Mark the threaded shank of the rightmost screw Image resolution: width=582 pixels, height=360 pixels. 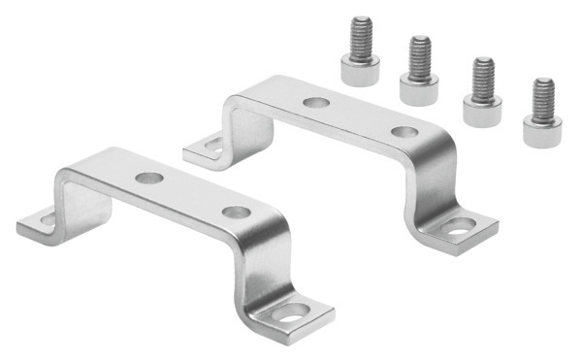(x=541, y=97)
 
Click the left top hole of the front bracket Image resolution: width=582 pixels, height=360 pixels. (x=148, y=179)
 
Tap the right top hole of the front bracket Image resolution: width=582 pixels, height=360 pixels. (x=235, y=212)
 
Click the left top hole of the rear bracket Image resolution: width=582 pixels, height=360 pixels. (x=313, y=100)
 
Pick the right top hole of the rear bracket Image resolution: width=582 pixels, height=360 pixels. (x=404, y=131)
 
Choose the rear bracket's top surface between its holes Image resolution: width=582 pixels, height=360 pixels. (x=359, y=115)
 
